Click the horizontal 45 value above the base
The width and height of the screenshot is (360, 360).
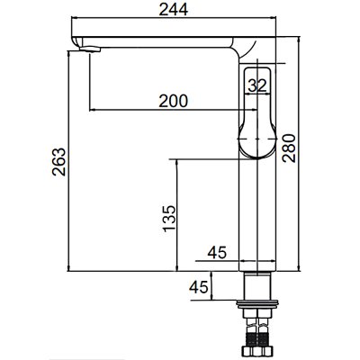tap(216, 253)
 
